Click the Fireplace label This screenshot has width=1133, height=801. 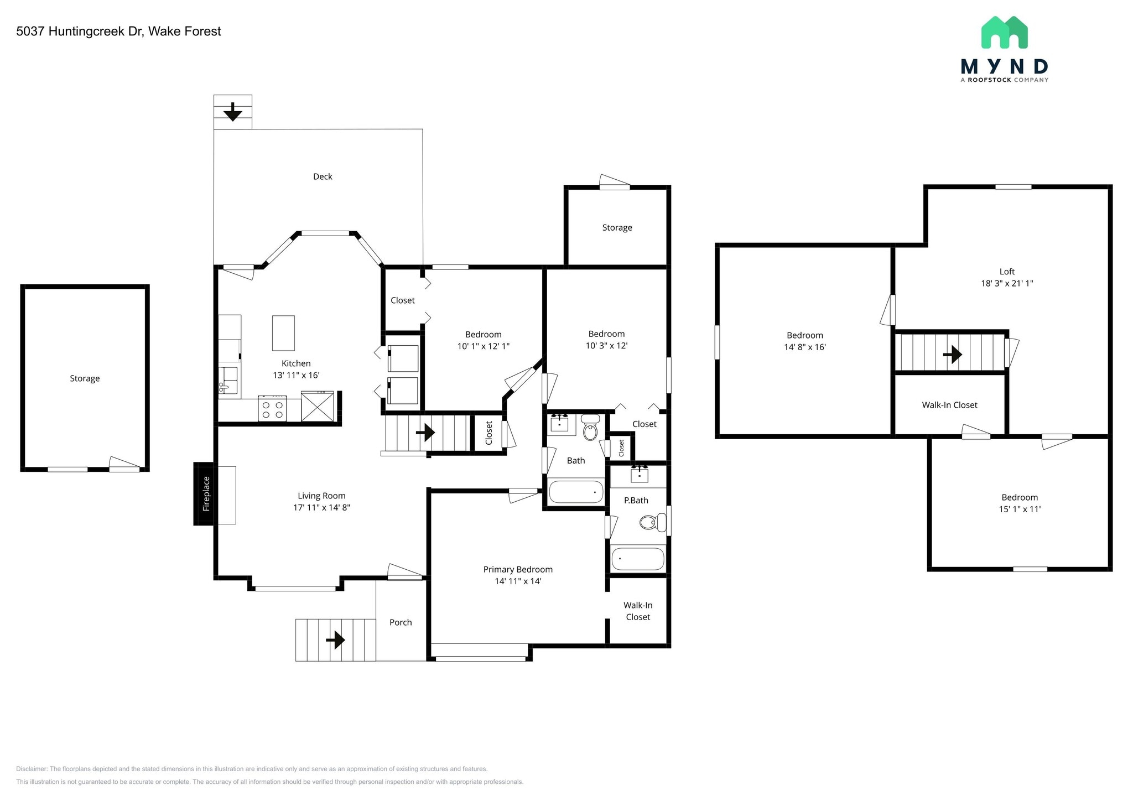pos(206,493)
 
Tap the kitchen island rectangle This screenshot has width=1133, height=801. pos(283,333)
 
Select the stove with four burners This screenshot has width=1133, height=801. pos(272,409)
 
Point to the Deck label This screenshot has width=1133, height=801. pos(323,176)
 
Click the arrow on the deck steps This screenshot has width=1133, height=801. pos(233,112)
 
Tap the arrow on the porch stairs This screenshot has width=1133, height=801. pos(335,640)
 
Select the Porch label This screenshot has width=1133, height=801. pos(401,622)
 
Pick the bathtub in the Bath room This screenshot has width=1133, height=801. pos(576,491)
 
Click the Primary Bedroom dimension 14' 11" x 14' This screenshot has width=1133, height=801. pos(518,581)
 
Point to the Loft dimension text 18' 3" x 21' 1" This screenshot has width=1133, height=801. pos(1007,283)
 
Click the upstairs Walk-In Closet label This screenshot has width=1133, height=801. pos(949,405)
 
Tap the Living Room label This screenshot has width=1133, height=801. pos(321,496)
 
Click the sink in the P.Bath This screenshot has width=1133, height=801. pos(640,474)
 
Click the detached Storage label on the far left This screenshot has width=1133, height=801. pos(85,378)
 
